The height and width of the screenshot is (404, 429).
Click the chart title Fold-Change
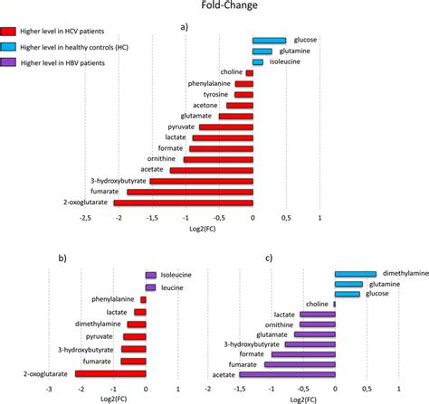click(x=214, y=6)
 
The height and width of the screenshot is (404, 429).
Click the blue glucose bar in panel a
click(x=269, y=41)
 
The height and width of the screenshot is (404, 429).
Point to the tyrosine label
click(x=215, y=94)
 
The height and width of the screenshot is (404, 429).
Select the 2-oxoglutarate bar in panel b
click(x=110, y=372)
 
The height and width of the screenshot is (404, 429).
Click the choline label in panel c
click(x=317, y=304)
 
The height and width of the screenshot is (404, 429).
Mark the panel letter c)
click(x=269, y=258)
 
